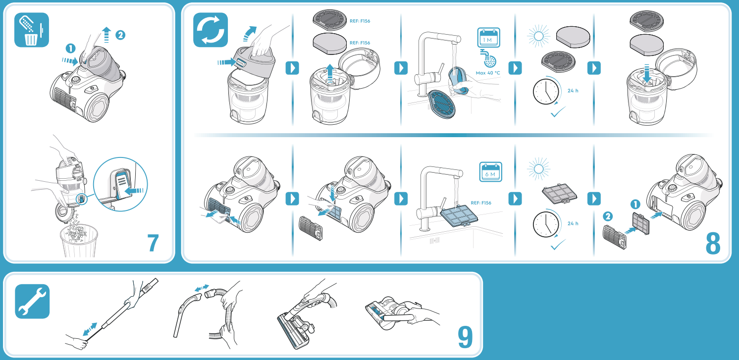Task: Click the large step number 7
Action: (x=153, y=243)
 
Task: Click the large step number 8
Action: (x=713, y=244)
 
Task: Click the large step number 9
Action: (x=465, y=337)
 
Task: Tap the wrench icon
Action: (x=32, y=301)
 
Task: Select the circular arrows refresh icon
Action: (x=211, y=30)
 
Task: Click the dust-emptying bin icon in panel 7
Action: (x=32, y=30)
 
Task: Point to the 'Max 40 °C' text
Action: (x=488, y=73)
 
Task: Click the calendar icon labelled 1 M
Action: (x=488, y=38)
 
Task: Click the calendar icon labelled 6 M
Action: (x=490, y=172)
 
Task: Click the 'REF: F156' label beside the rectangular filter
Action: (x=480, y=203)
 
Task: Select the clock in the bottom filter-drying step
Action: (x=546, y=224)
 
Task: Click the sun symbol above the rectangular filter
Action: (x=538, y=169)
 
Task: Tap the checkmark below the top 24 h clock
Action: (x=558, y=112)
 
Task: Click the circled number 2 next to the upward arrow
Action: (x=120, y=35)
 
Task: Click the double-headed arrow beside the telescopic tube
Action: (x=90, y=329)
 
